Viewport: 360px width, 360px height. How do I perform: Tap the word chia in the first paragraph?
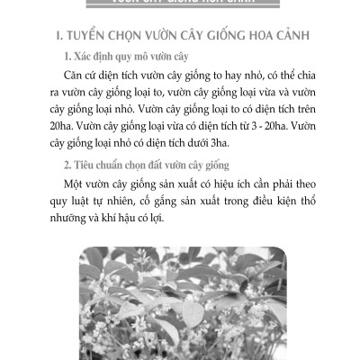pyautogui.click(x=302, y=80)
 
